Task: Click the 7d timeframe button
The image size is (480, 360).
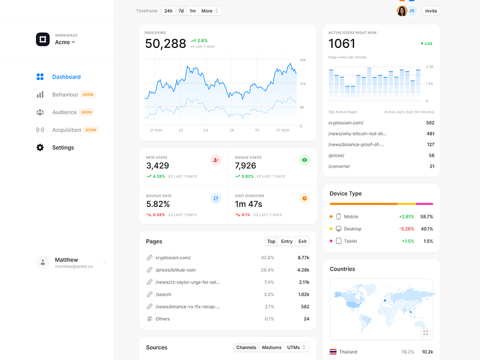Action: tap(181, 11)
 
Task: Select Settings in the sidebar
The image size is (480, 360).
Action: tap(63, 148)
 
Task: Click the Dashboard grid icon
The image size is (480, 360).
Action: tap(40, 77)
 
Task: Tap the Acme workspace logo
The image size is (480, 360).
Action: tap(43, 39)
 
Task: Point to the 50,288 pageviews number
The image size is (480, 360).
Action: tap(166, 44)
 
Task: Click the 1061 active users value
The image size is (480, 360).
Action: tap(342, 44)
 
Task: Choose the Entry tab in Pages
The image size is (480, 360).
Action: tap(287, 241)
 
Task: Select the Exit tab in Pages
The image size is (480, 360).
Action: tap(302, 241)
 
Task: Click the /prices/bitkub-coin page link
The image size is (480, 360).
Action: tap(175, 270)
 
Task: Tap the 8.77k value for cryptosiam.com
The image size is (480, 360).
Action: tap(303, 257)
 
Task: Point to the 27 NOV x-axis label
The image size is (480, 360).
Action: tap(283, 130)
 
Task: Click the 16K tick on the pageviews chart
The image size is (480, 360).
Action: tap(303, 60)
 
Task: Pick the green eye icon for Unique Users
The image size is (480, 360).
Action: tap(305, 160)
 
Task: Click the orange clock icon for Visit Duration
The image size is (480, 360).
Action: tap(305, 199)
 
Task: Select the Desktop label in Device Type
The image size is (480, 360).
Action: tap(353, 229)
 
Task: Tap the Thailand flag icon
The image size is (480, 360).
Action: tap(333, 352)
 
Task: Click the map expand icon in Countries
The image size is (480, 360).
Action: tap(425, 332)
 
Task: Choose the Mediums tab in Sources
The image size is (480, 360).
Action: tap(272, 347)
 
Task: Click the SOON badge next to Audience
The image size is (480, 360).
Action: tap(86, 112)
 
